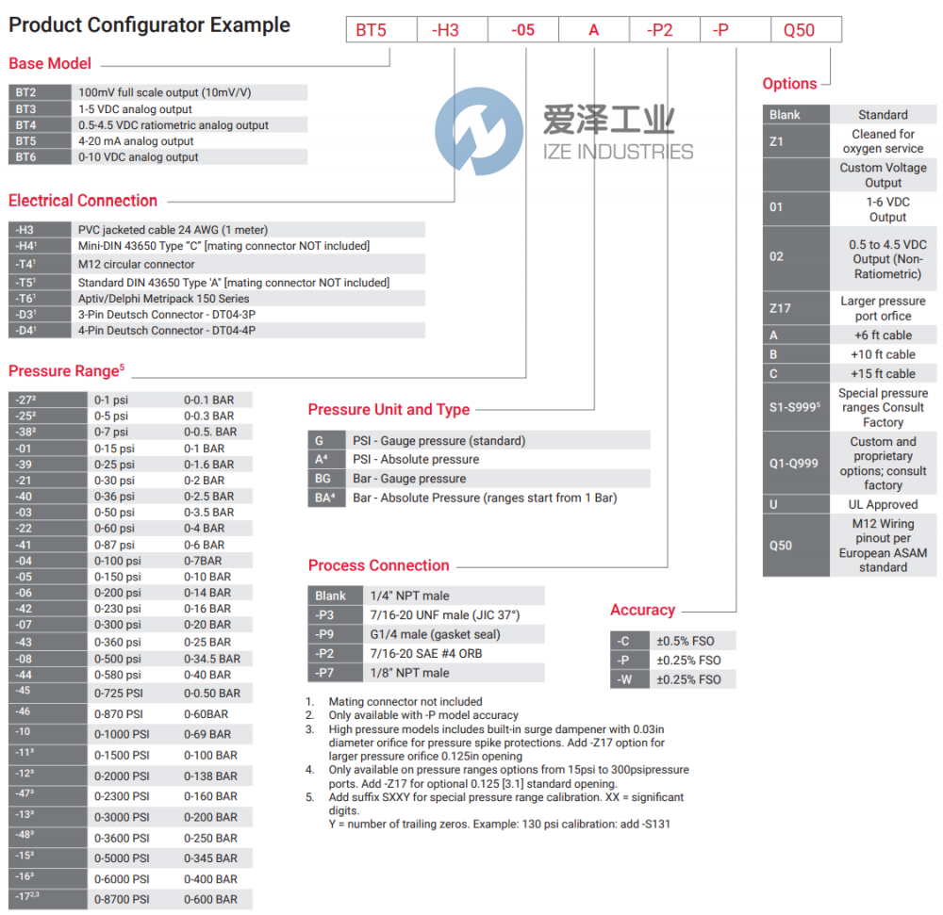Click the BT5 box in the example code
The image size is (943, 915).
371,30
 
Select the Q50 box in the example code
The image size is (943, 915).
799,30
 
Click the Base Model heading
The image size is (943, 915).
50,64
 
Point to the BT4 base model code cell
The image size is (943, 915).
25,125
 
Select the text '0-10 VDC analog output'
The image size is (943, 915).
138,157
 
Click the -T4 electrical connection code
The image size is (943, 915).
25,264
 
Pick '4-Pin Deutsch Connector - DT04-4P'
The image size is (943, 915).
167,331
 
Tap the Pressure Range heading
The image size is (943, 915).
63,370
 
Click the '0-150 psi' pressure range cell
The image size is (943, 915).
115,577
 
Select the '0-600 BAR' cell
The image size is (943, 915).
210,899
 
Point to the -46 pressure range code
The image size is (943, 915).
24,713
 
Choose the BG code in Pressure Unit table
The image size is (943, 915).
323,479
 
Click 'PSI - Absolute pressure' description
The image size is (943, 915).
416,460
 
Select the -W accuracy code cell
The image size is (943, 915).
623,679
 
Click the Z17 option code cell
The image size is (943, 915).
781,308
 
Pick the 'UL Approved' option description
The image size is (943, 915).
883,505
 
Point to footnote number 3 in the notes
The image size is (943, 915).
309,729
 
